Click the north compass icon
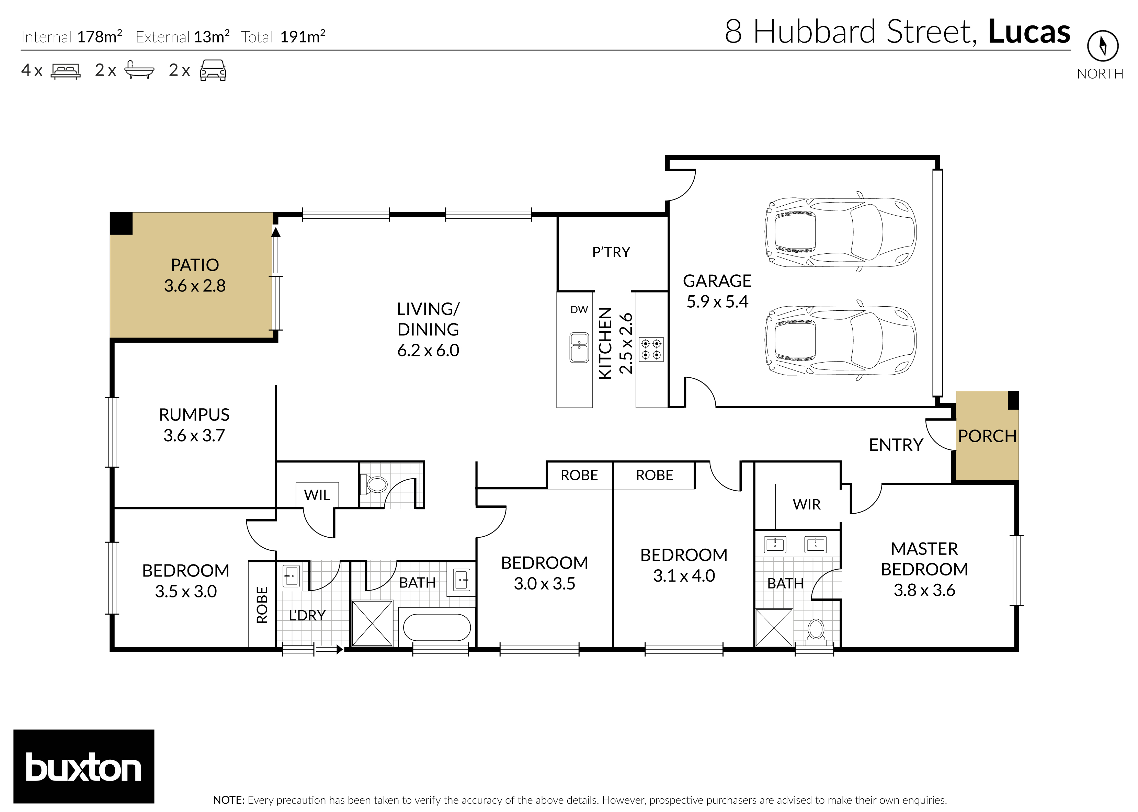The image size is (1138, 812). (1103, 46)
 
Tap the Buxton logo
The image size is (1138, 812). (83, 766)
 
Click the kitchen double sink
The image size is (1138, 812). (579, 347)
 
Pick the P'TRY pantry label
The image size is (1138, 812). (611, 252)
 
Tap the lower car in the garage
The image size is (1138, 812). (840, 340)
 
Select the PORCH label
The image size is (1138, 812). (987, 436)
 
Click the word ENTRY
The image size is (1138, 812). (896, 445)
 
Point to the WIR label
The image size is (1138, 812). (807, 504)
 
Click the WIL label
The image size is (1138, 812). (317, 495)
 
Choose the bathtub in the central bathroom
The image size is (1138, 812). (436, 627)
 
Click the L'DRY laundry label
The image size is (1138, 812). (307, 616)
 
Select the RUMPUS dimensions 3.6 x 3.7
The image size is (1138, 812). (194, 435)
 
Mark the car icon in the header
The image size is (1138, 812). (213, 70)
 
